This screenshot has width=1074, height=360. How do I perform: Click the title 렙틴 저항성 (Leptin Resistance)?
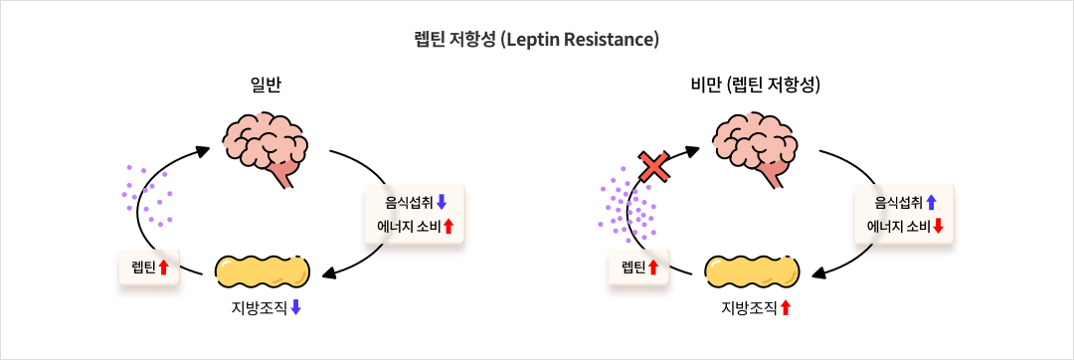pos(536,40)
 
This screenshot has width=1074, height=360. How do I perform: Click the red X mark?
pos(654,166)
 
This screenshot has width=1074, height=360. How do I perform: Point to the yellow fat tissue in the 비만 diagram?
pos(753,271)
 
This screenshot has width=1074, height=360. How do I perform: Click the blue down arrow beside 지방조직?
pos(296,307)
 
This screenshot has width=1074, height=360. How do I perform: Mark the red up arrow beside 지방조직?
pos(786,307)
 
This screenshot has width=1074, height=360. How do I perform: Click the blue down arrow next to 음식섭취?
pos(442,202)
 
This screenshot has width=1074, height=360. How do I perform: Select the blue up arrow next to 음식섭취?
pos(931,202)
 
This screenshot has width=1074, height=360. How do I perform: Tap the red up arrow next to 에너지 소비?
pos(448,226)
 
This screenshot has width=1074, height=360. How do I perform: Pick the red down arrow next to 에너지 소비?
pos(938,226)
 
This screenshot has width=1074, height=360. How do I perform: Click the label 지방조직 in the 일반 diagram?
pos(259,307)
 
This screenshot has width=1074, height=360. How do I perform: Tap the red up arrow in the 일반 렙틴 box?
pos(164,267)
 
